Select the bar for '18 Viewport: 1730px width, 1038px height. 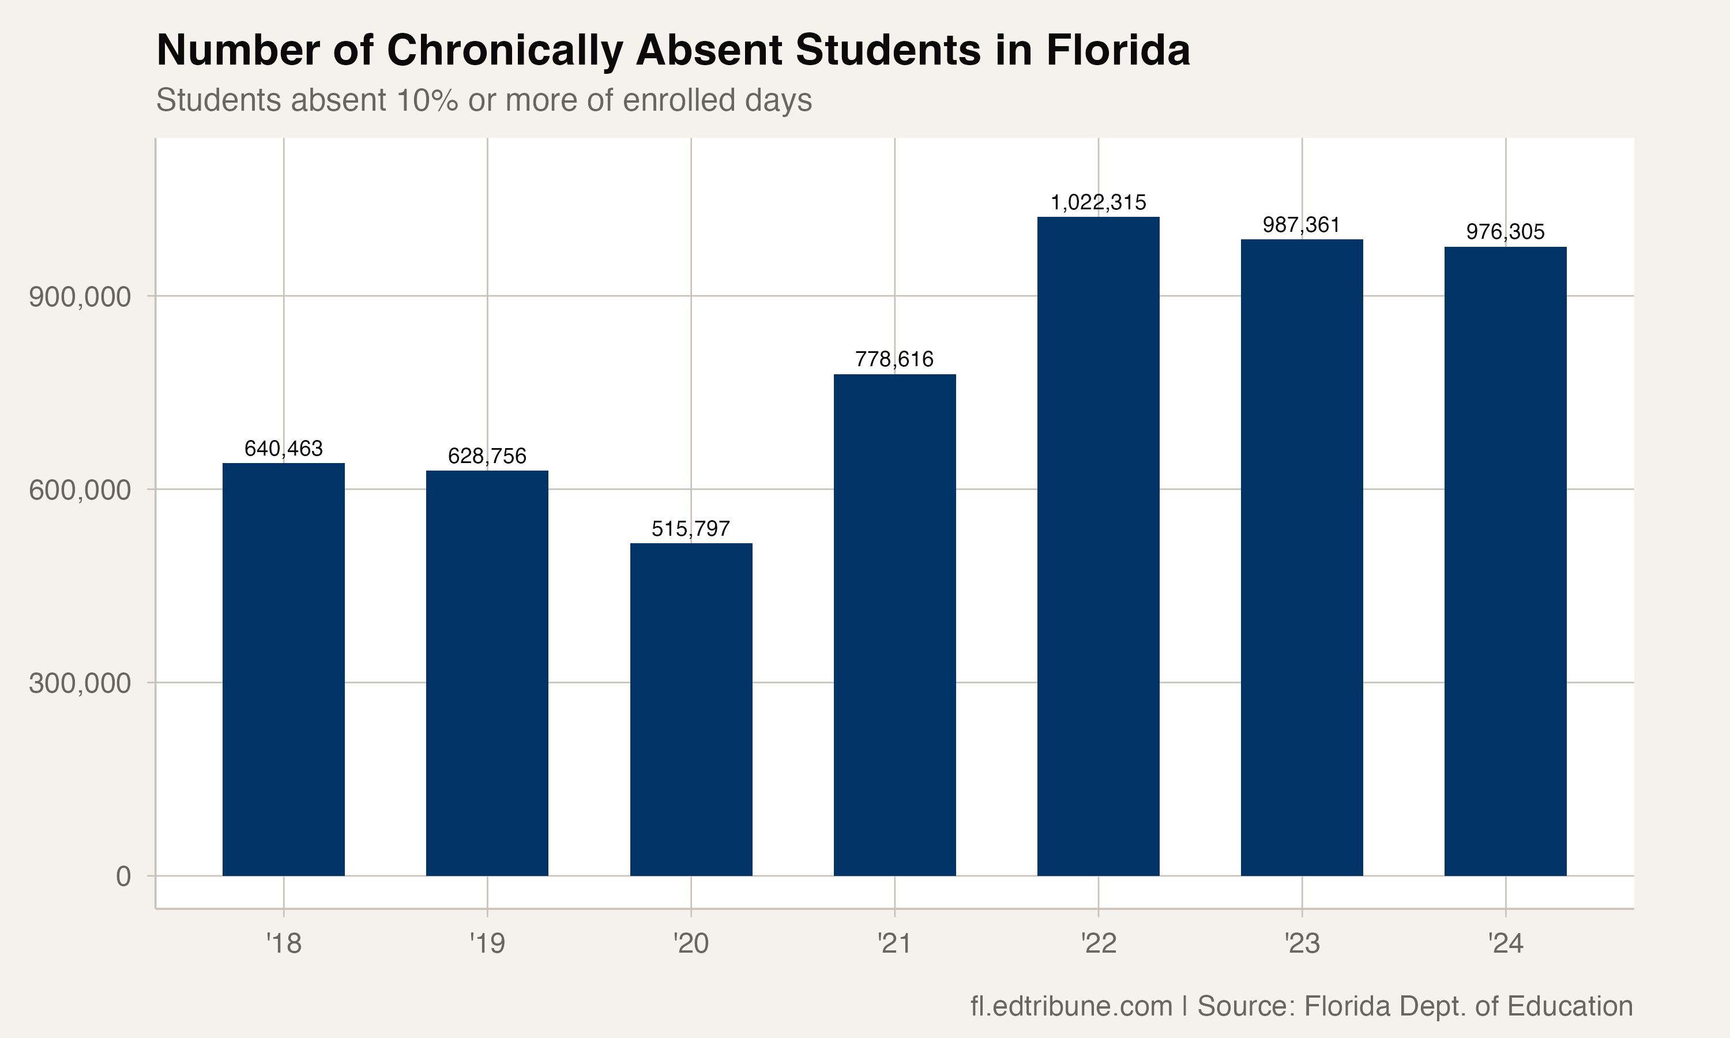(283, 669)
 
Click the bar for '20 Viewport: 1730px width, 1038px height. (691, 709)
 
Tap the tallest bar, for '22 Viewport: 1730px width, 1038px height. (1098, 546)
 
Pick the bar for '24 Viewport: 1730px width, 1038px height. (1505, 561)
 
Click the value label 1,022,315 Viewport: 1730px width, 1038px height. (1098, 203)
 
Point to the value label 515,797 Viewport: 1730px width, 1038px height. (691, 529)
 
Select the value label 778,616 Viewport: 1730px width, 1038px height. (894, 359)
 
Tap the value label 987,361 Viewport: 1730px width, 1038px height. (1302, 225)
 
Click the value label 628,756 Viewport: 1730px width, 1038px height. (487, 456)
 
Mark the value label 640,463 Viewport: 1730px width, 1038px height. (283, 448)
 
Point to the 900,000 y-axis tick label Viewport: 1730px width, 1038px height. (80, 297)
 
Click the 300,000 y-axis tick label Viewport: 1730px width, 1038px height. (80, 683)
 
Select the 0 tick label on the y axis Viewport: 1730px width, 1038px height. (123, 877)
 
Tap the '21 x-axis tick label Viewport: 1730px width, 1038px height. (894, 943)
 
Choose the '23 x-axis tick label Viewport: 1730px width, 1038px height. (1302, 943)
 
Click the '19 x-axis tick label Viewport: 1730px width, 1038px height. (487, 943)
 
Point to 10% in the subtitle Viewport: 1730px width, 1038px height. (427, 100)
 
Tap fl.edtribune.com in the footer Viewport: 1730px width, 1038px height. (1071, 1006)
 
